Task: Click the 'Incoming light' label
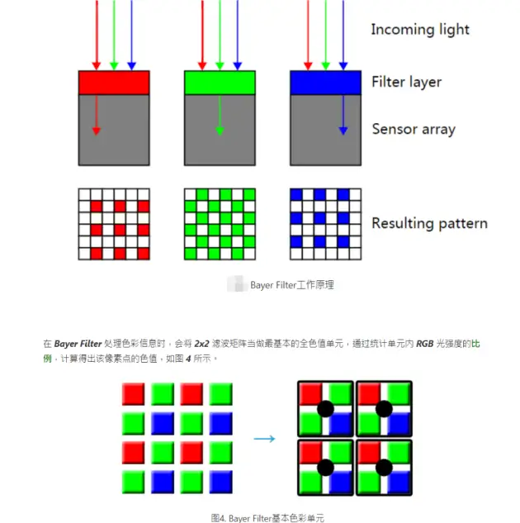click(x=419, y=30)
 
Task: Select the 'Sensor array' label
click(x=414, y=129)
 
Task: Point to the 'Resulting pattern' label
click(x=429, y=223)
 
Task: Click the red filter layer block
click(x=114, y=83)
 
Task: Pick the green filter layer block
click(x=219, y=83)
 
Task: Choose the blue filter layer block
click(x=325, y=83)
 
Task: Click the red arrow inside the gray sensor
click(x=97, y=115)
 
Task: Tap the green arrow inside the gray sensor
click(x=219, y=115)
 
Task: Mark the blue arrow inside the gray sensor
click(x=343, y=115)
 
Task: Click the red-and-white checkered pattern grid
click(x=114, y=224)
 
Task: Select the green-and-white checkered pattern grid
click(x=219, y=224)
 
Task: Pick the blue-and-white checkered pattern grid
click(x=325, y=224)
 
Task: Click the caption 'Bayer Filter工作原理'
click(x=291, y=285)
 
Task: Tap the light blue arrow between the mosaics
click(x=264, y=439)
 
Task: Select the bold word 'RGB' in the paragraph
click(x=425, y=342)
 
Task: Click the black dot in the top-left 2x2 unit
click(x=325, y=408)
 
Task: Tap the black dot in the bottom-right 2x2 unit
click(x=384, y=468)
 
